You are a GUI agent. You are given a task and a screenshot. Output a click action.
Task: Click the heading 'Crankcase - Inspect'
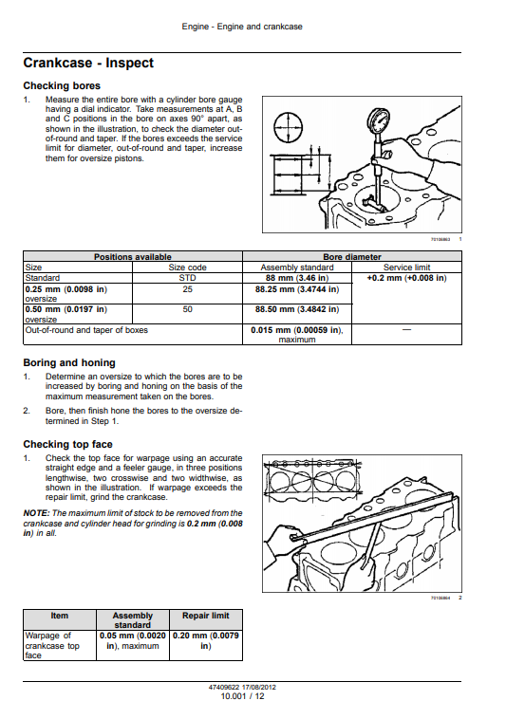coord(88,63)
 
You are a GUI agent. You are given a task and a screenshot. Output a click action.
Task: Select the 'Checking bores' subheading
coord(62,85)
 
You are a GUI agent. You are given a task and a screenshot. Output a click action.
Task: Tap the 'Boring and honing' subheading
coord(69,362)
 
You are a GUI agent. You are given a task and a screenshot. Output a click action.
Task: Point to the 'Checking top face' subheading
coord(68,444)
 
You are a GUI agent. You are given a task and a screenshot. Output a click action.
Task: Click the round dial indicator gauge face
coord(379,120)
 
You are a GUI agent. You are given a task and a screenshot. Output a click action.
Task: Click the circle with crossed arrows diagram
coord(288,127)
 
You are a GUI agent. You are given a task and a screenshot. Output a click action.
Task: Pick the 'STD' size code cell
coord(187,278)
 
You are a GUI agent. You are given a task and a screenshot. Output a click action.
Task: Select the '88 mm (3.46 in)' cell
coord(297,278)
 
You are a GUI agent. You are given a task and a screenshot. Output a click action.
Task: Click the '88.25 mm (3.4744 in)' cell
coord(297,289)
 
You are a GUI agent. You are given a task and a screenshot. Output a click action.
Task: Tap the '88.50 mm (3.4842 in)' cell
coord(297,309)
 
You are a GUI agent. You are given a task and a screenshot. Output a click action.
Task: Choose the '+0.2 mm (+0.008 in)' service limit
coord(407,278)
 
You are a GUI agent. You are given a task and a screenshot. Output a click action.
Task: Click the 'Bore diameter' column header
coord(352,257)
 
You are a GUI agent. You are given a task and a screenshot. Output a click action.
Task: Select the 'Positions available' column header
coord(133,257)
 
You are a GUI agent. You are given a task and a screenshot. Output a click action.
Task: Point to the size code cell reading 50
coord(187,309)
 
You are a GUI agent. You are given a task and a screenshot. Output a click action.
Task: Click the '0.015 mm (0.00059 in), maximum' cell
coord(297,335)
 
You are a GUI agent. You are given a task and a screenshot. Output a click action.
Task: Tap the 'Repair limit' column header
coord(205,616)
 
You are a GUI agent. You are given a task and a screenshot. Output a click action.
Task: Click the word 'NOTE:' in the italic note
coord(36,513)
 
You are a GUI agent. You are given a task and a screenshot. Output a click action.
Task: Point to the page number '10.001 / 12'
coord(242,696)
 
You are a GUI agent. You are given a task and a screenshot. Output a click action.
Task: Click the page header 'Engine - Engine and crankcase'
coord(242,27)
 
